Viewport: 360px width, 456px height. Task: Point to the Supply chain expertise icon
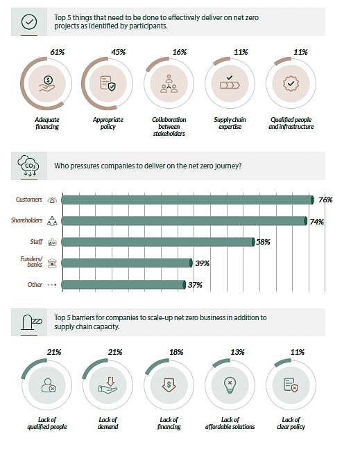pyautogui.click(x=230, y=84)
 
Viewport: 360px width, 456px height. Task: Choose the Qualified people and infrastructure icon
pyautogui.click(x=291, y=84)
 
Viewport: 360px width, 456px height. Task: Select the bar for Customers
pyautogui.click(x=187, y=200)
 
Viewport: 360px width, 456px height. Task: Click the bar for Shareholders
pyautogui.click(x=184, y=221)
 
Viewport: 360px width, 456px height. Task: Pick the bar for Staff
pyautogui.click(x=157, y=242)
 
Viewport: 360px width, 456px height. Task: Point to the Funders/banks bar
pyautogui.click(x=126, y=263)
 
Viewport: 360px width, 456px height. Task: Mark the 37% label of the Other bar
pyautogui.click(x=196, y=285)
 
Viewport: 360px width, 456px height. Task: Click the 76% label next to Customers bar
pyautogui.click(x=325, y=200)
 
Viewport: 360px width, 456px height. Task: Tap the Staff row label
pyautogui.click(x=33, y=242)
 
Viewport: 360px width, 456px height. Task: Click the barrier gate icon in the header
pyautogui.click(x=31, y=322)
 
